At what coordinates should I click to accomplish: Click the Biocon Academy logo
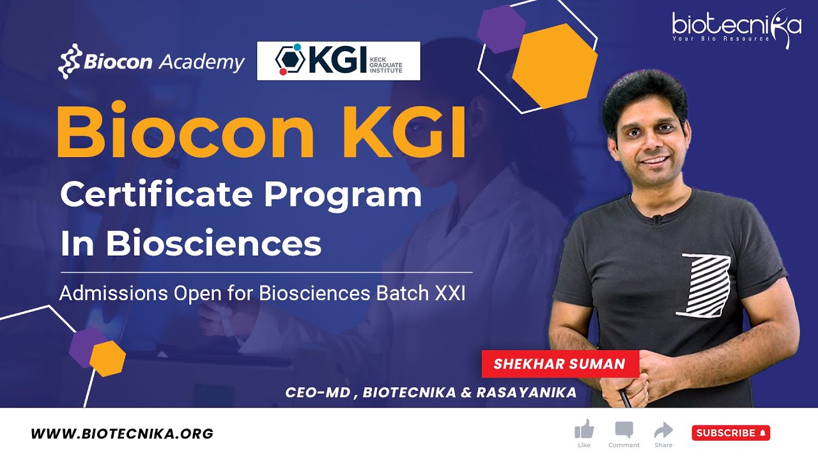(x=151, y=63)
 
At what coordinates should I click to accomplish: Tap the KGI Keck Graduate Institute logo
(x=338, y=61)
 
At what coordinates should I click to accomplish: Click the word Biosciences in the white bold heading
(x=213, y=243)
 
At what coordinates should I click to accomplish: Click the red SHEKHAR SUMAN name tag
(x=560, y=364)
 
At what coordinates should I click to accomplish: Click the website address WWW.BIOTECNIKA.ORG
(x=122, y=434)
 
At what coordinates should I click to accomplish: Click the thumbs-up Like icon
(x=584, y=429)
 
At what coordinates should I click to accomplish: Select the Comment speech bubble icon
(x=624, y=429)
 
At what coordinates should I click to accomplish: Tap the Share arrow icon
(x=663, y=429)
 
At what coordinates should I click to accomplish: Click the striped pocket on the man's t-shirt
(x=705, y=285)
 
